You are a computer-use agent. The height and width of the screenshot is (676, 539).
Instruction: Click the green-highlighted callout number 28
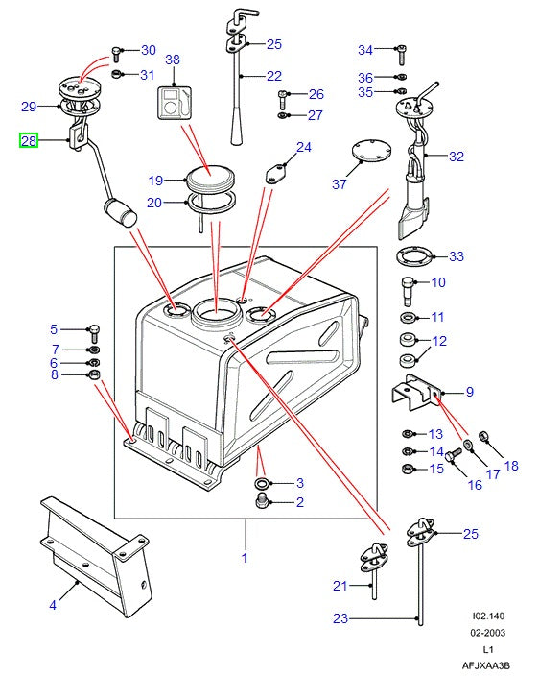pos(28,141)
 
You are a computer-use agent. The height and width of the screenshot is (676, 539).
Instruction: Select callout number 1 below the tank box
pos(244,558)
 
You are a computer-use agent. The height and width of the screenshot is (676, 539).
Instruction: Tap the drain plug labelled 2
pos(262,502)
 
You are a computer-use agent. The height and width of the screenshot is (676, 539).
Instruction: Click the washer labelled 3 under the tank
pos(262,482)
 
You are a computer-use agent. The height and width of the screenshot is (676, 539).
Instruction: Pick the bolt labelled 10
pos(408,285)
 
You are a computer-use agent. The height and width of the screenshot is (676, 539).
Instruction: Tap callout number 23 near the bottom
pos(340,619)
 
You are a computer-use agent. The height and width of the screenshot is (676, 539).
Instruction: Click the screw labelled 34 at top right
pos(401,50)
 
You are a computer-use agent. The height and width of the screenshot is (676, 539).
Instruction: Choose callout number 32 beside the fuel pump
pos(456,157)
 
